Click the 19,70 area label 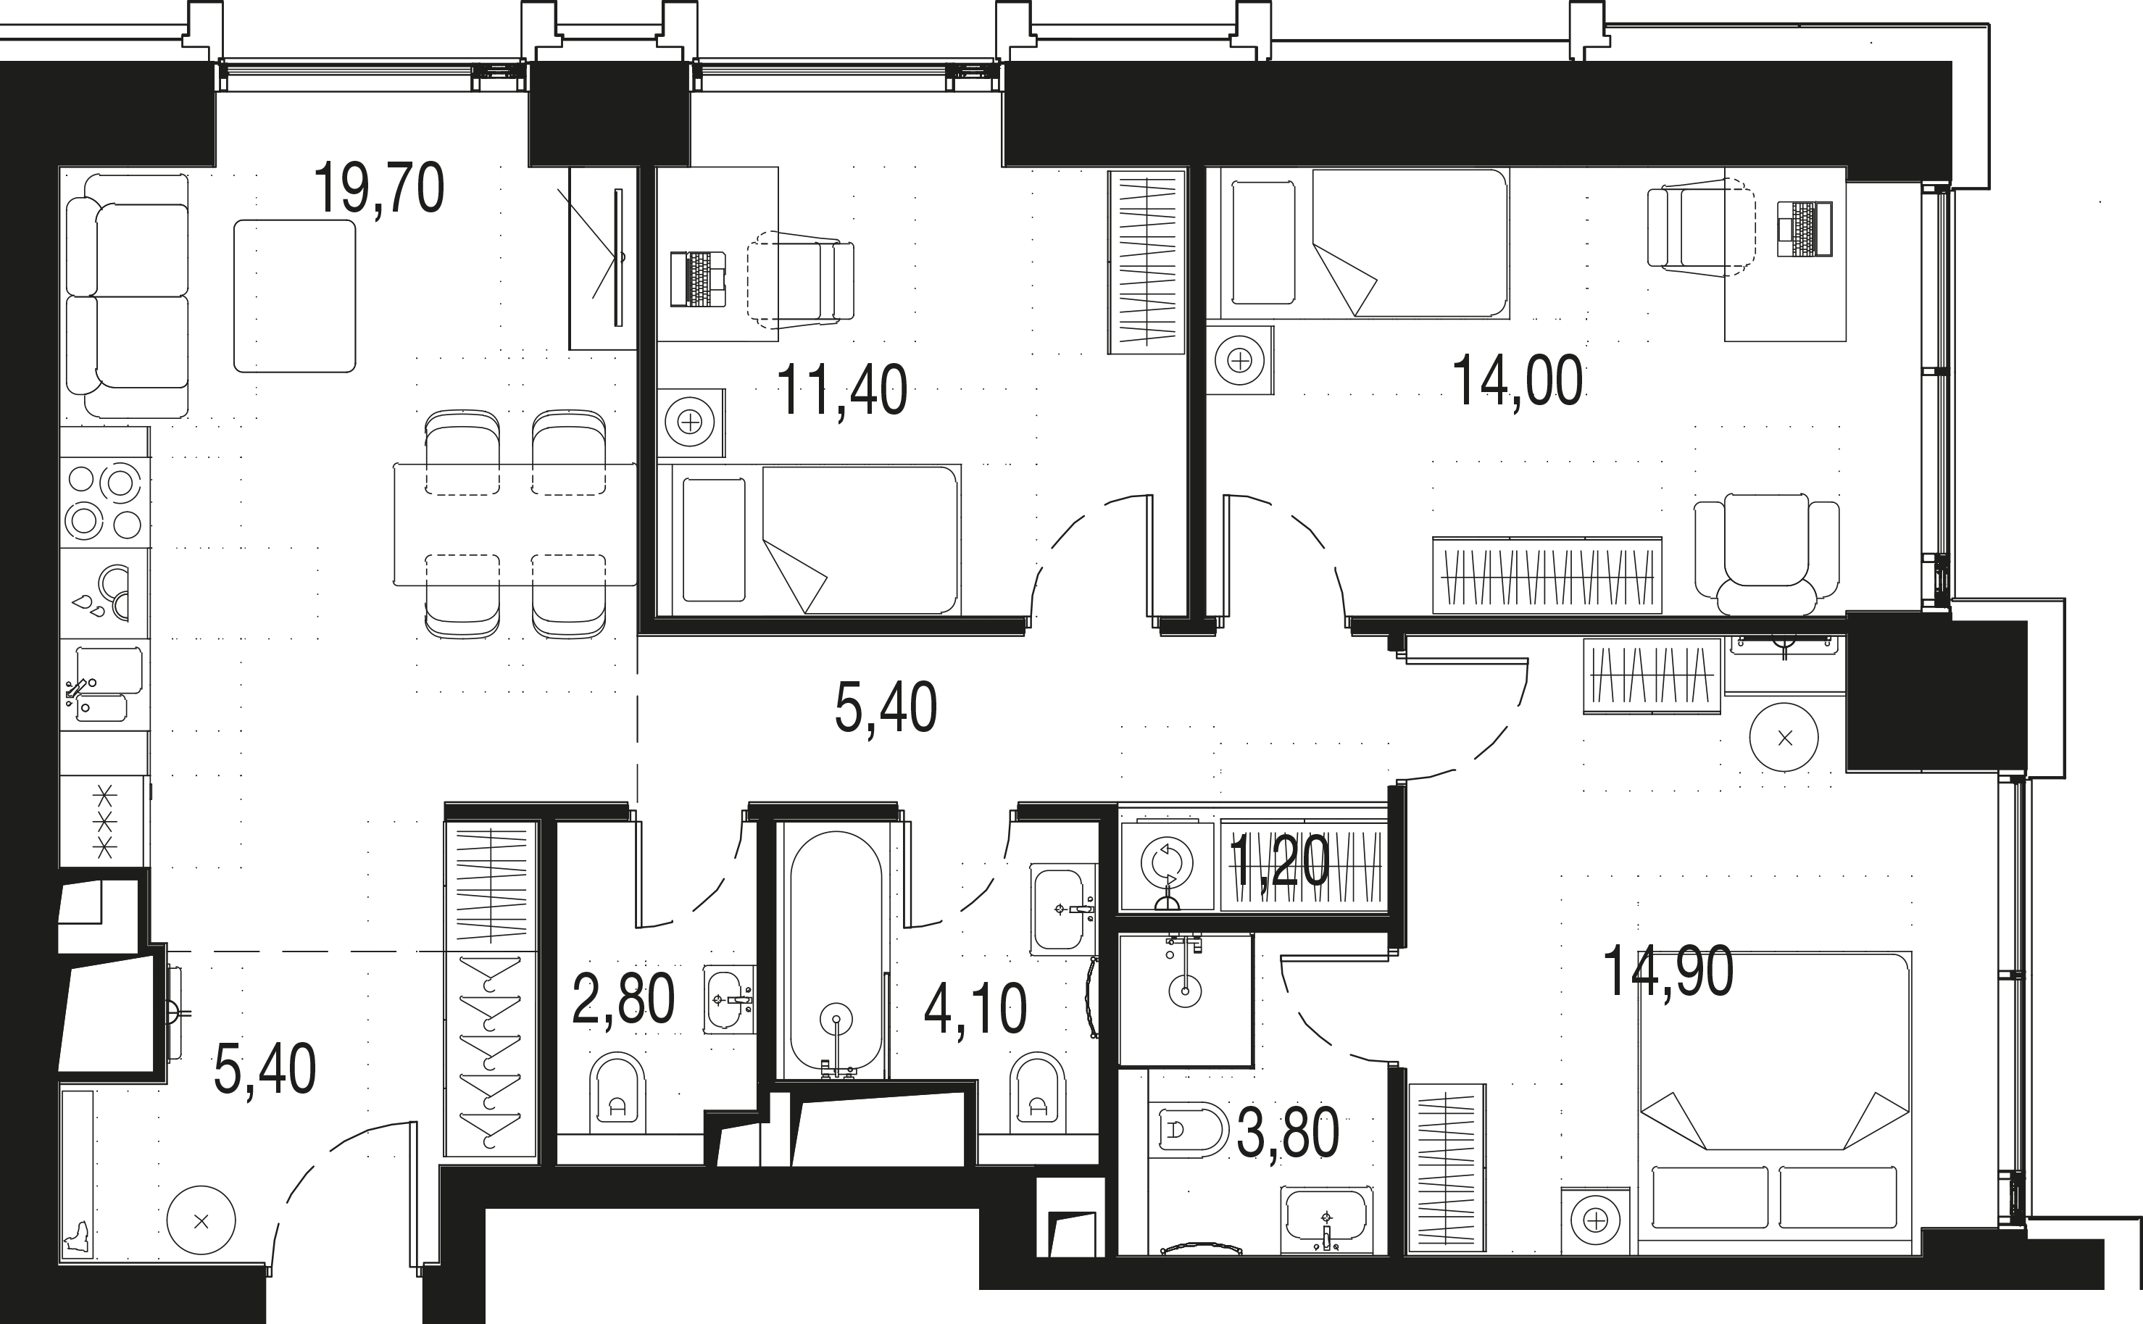click(x=378, y=188)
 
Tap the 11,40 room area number click(x=841, y=391)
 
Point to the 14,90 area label click(x=1668, y=972)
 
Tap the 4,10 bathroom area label click(x=975, y=1009)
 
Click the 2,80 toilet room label click(x=623, y=1000)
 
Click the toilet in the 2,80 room click(x=617, y=1094)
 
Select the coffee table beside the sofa click(x=294, y=296)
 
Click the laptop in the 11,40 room click(x=698, y=279)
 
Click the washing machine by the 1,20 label click(x=1167, y=865)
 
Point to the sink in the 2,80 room click(x=728, y=999)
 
